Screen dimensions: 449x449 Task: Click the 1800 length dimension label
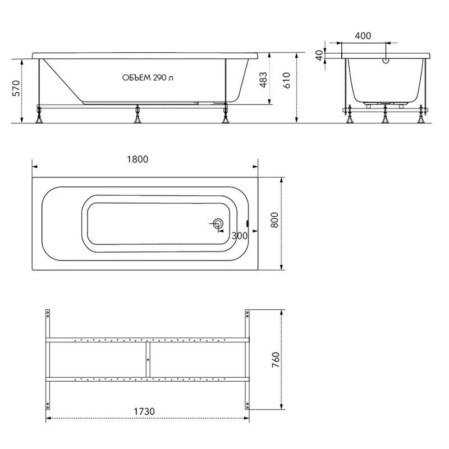pyautogui.click(x=138, y=159)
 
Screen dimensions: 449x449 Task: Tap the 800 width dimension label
pyautogui.click(x=274, y=220)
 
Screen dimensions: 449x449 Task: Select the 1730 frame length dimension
pyautogui.click(x=144, y=411)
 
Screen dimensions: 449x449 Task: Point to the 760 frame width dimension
pyautogui.click(x=275, y=360)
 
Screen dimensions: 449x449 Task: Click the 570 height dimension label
pyautogui.click(x=17, y=89)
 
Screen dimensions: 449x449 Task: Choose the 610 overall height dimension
pyautogui.click(x=286, y=80)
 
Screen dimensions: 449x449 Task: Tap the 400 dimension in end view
pyautogui.click(x=363, y=36)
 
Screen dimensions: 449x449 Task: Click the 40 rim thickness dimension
pyautogui.click(x=319, y=55)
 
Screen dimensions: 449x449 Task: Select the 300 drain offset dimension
pyautogui.click(x=240, y=236)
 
